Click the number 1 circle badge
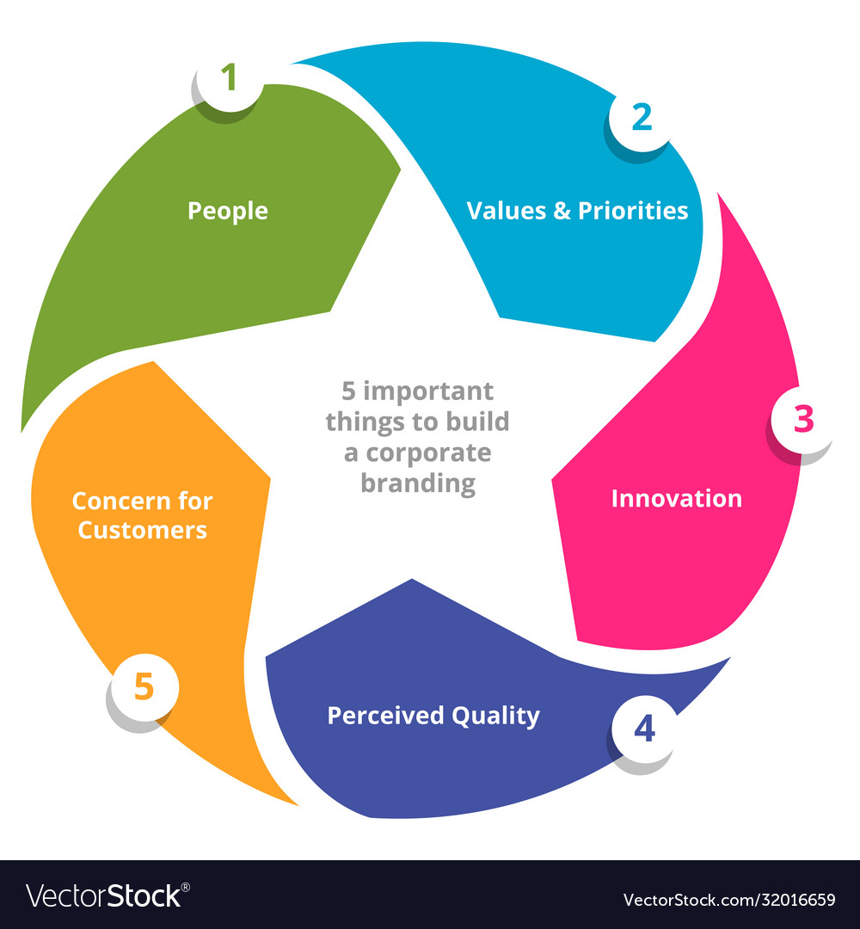tap(229, 79)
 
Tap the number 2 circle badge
tap(642, 118)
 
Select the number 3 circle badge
tap(802, 419)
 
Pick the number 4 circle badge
tap(644, 729)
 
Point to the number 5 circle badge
tap(144, 688)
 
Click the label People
tap(228, 211)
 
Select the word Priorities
tap(633, 211)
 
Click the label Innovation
tap(676, 498)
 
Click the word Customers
tap(143, 529)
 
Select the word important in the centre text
tap(427, 391)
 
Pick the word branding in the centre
tap(418, 483)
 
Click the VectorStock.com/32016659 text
tap(728, 900)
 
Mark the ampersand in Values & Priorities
tap(562, 211)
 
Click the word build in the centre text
tap(480, 422)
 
